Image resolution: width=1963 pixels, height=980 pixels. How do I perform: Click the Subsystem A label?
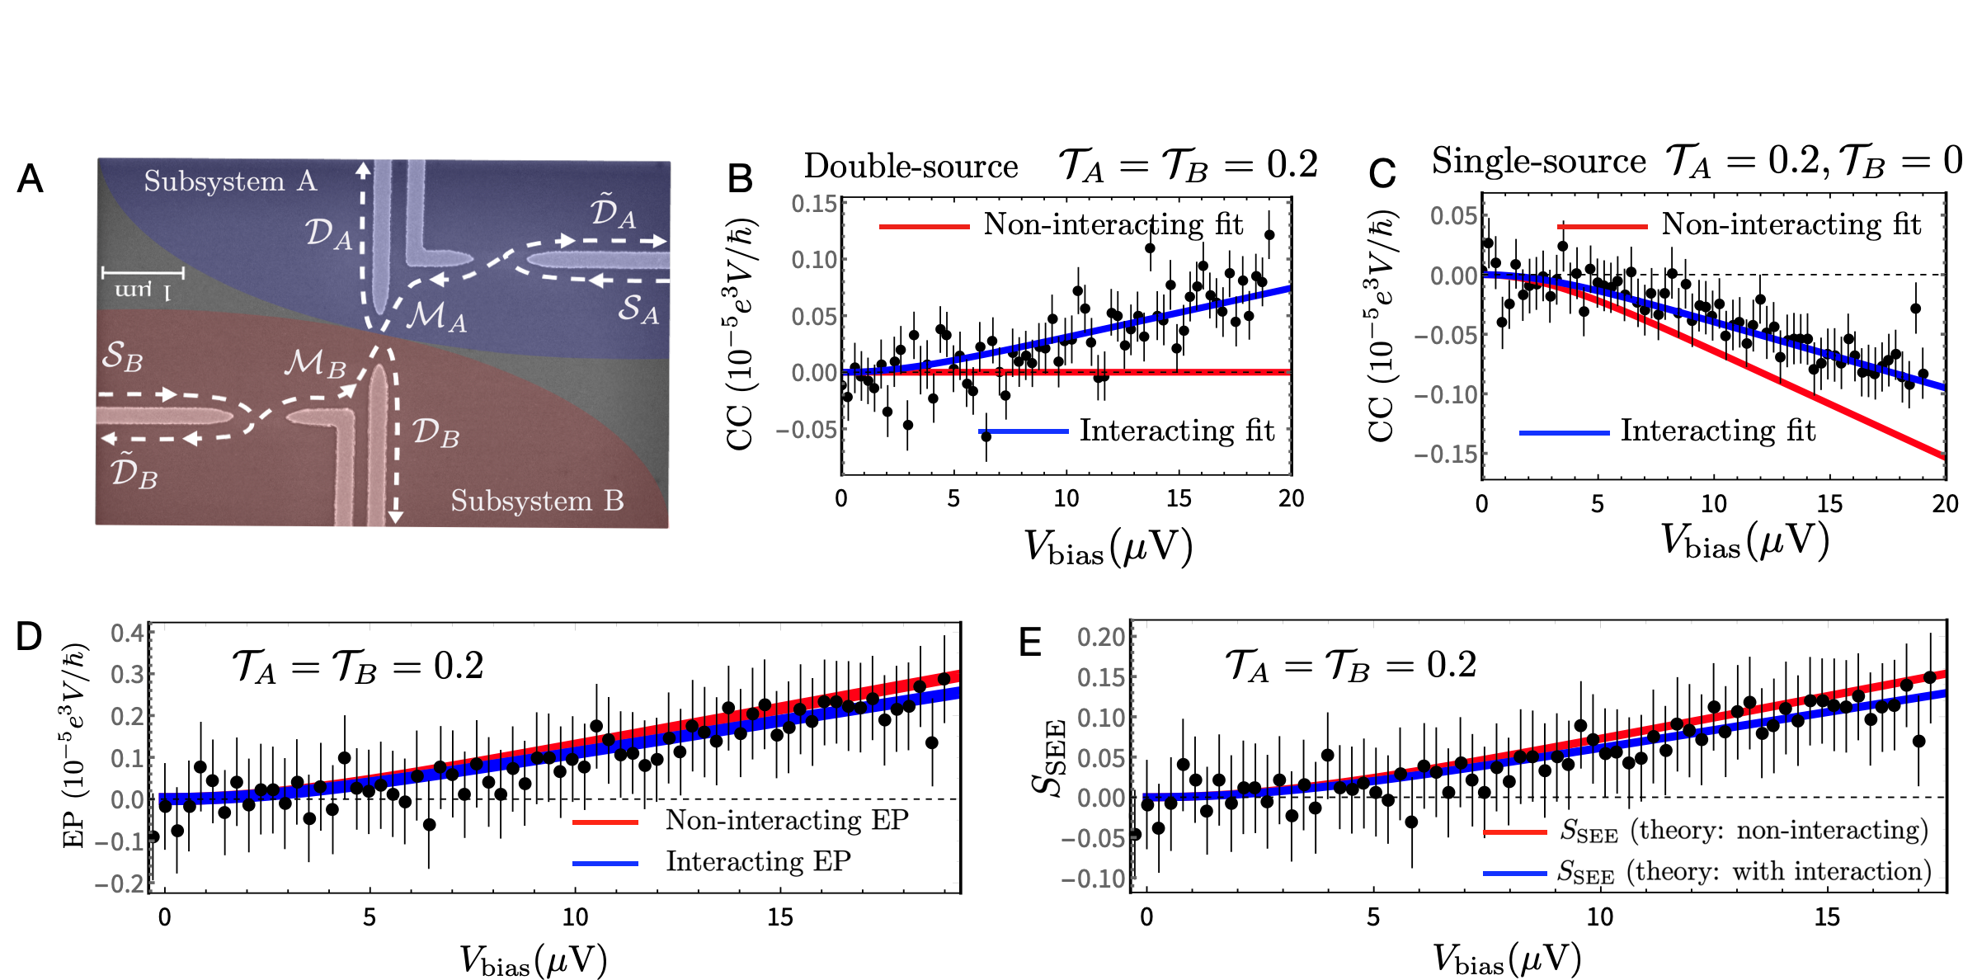click(x=230, y=181)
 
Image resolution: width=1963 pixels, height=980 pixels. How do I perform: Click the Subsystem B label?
click(x=537, y=501)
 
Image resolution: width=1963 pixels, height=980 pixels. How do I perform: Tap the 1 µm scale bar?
click(x=143, y=272)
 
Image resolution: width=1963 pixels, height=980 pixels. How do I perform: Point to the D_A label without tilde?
click(x=329, y=233)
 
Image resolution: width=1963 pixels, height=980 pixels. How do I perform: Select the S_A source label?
click(x=638, y=309)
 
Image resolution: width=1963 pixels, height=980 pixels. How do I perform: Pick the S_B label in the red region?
click(x=123, y=356)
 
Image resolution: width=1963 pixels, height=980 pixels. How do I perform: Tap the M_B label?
click(x=315, y=363)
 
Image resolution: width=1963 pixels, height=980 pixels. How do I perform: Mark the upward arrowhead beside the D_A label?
click(x=363, y=168)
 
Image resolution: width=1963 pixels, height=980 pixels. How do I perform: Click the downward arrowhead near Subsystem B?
click(x=396, y=516)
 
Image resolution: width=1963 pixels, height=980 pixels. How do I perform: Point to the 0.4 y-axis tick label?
click(x=127, y=633)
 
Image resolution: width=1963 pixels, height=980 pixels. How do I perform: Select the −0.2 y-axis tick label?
click(x=120, y=884)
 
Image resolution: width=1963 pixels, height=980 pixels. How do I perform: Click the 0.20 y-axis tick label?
click(x=1101, y=637)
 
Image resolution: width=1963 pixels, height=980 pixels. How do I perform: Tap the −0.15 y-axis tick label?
click(x=1446, y=455)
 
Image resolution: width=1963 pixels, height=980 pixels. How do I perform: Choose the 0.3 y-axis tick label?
click(x=127, y=675)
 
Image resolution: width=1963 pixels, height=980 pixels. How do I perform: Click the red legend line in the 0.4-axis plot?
click(x=605, y=822)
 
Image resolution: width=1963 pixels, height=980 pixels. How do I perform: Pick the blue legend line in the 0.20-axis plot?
click(x=1514, y=873)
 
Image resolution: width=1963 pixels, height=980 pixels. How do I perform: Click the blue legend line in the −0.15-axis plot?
click(x=1564, y=433)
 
